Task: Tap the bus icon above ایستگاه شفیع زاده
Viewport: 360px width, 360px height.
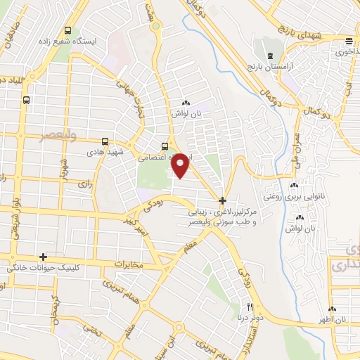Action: pos(68,30)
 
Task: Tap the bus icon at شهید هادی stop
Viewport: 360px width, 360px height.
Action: pos(105,141)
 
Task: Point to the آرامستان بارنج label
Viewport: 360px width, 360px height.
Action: pos(269,65)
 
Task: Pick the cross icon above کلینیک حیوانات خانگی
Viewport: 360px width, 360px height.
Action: pos(44,257)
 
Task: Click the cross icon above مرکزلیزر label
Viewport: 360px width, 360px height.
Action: pos(223,200)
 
